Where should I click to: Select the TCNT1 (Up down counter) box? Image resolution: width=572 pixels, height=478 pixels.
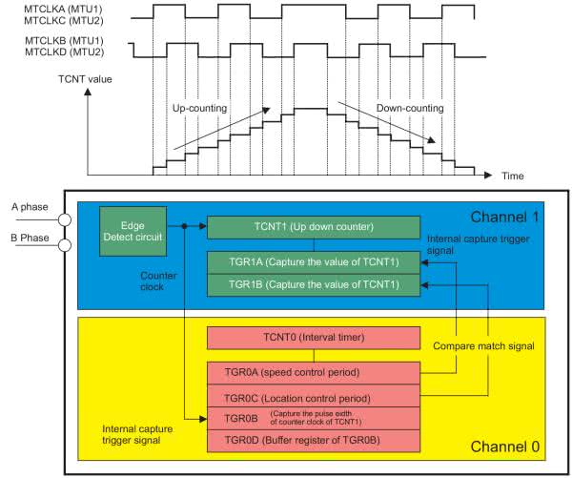tap(314, 227)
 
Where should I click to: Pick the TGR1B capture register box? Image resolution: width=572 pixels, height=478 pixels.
tap(314, 285)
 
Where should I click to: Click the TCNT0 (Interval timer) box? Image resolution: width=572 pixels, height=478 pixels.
tap(314, 338)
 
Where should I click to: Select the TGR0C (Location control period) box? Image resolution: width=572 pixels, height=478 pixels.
tap(314, 396)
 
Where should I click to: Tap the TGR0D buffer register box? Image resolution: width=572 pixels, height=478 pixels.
tap(314, 440)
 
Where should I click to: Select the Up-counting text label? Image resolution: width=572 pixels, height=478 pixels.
tap(199, 109)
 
